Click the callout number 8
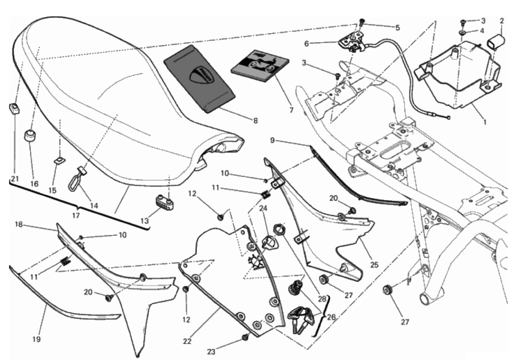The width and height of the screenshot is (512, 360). tap(255, 121)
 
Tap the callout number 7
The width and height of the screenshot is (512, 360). tap(291, 110)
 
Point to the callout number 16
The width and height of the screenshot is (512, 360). tap(34, 183)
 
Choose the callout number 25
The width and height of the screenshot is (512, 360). tap(374, 265)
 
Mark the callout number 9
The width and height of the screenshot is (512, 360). tap(273, 140)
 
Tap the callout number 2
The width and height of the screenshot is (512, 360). tap(502, 21)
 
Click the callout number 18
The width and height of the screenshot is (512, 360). tap(18, 224)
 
